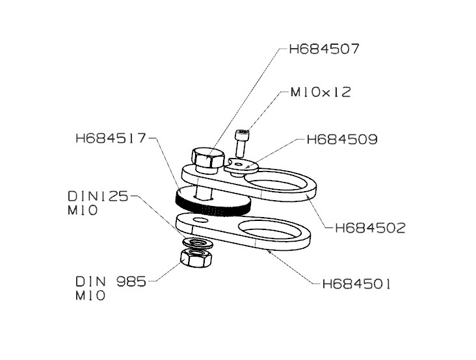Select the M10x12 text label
315,92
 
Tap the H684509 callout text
342,139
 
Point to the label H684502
369,228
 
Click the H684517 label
111,138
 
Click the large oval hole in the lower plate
270,233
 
